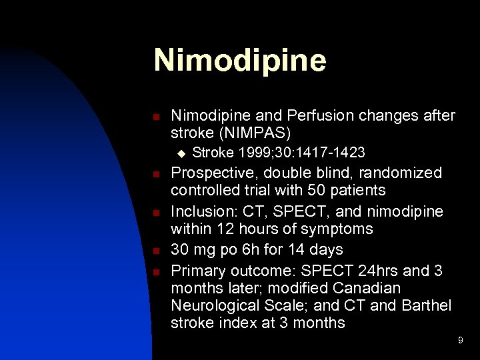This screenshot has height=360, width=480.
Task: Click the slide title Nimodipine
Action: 240,60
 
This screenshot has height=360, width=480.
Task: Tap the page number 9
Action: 460,341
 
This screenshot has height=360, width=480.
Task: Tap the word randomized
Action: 399,173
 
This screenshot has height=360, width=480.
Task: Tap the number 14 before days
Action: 306,250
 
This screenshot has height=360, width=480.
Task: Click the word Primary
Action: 198,271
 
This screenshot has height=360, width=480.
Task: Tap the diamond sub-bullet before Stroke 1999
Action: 179,153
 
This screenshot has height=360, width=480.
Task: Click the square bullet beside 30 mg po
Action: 155,251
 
